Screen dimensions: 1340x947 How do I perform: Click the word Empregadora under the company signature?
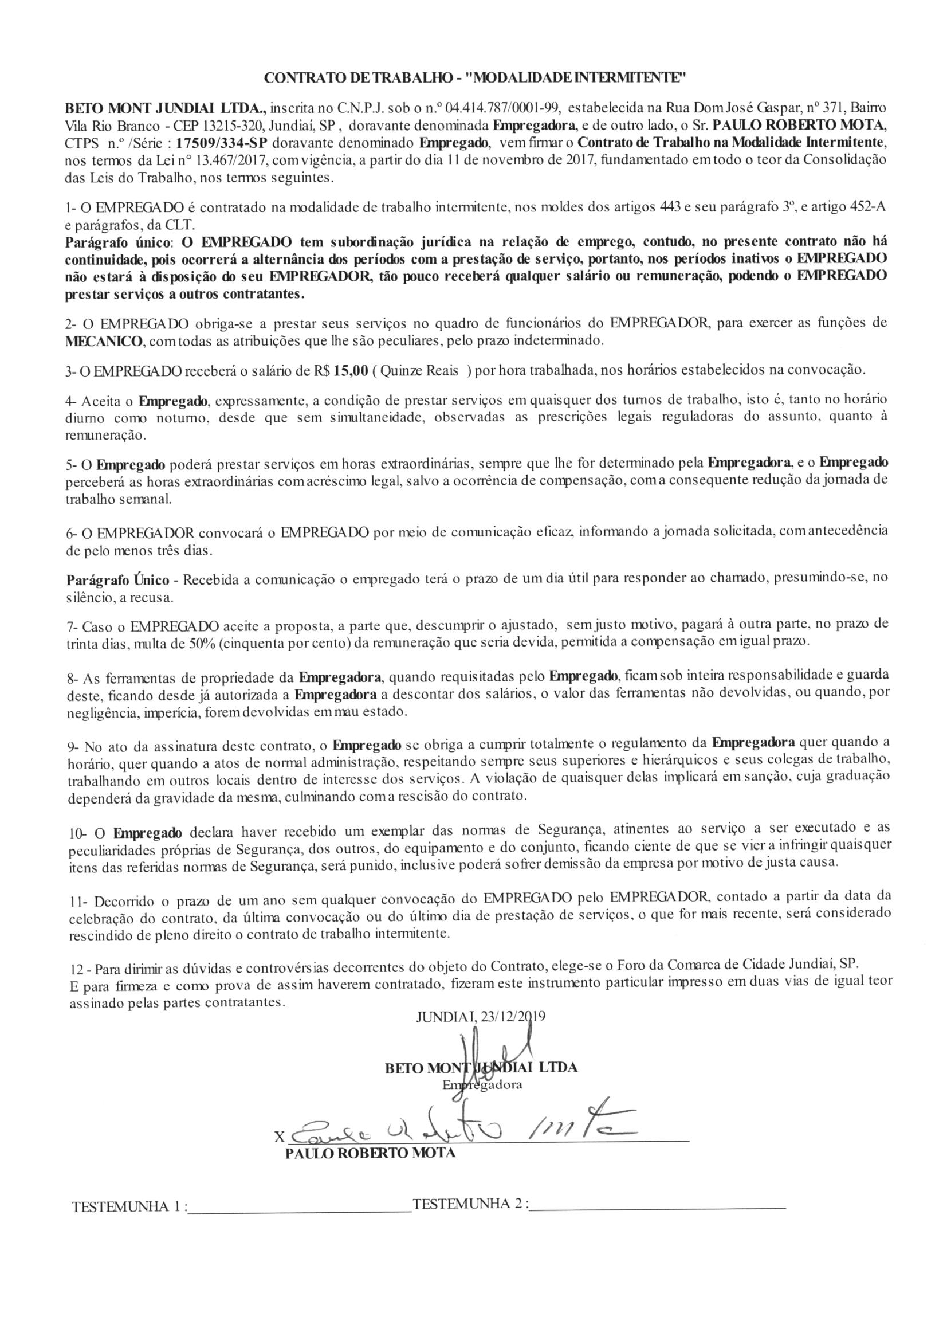tap(482, 1084)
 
